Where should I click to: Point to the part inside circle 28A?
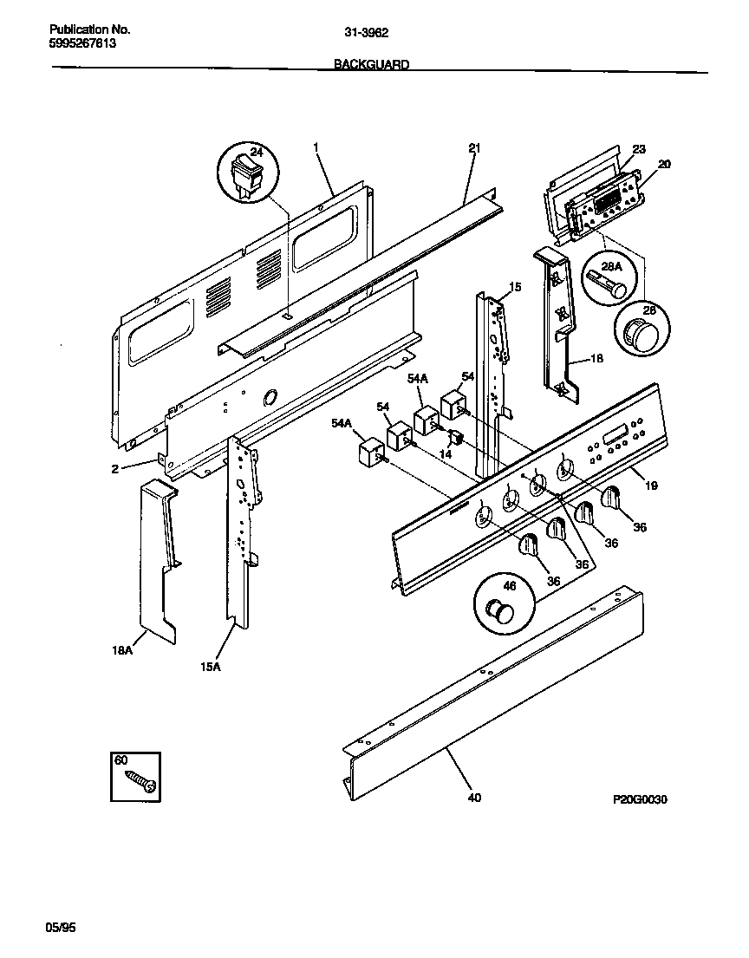(x=606, y=285)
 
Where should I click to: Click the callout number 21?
(x=474, y=148)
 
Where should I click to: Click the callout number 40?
(x=473, y=798)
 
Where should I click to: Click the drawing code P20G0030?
(x=637, y=799)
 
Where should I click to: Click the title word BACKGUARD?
(x=372, y=64)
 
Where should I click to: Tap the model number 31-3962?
(x=367, y=33)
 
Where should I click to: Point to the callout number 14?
(x=446, y=453)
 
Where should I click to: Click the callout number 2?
(x=114, y=469)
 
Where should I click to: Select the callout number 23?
(x=638, y=150)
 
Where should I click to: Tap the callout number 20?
(x=664, y=164)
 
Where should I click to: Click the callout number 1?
(x=316, y=148)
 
